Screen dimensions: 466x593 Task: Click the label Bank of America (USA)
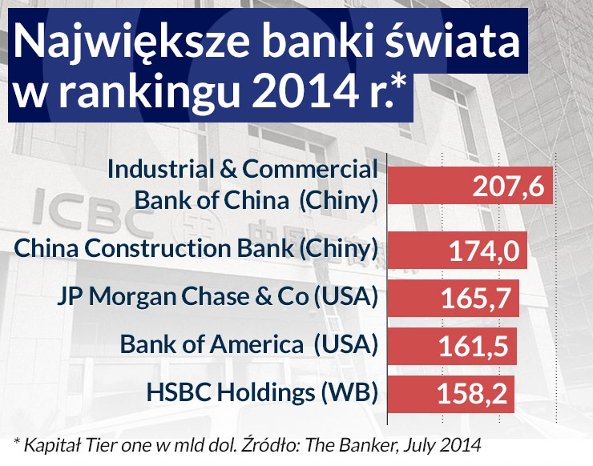pos(248,345)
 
